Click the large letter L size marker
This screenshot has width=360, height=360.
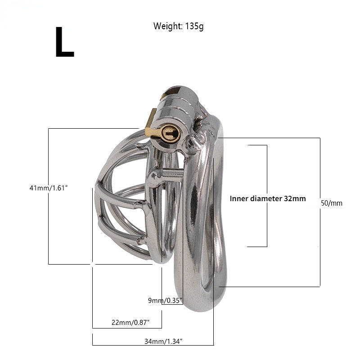point(65,42)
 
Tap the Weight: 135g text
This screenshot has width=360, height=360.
point(178,26)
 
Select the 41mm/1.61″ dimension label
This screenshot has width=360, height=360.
point(49,188)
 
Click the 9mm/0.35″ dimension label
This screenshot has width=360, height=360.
point(165,300)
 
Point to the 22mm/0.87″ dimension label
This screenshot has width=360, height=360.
point(130,322)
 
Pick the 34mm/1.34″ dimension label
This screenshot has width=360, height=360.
point(163,341)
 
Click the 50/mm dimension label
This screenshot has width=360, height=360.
point(332,203)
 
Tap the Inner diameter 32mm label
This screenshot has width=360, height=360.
point(268,198)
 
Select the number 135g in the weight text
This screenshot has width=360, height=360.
point(194,26)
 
